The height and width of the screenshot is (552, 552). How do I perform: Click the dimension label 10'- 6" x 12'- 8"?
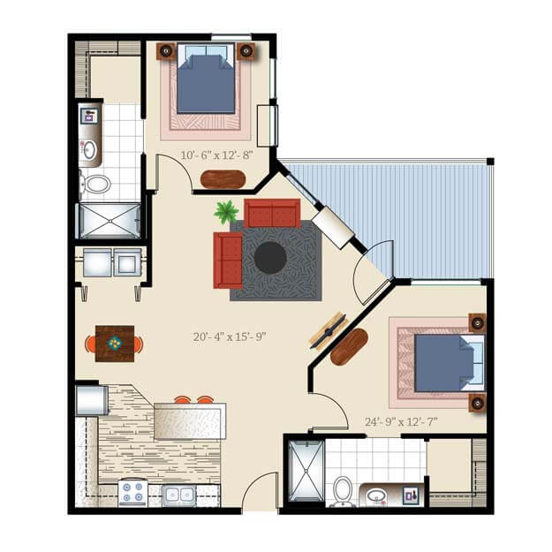(x=216, y=155)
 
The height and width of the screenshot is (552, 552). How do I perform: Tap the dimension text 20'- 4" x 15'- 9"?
(x=230, y=336)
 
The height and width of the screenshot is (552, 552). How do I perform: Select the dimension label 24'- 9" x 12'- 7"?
(x=402, y=421)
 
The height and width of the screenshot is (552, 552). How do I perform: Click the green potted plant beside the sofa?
(x=226, y=212)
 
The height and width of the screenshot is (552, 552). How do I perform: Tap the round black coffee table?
(x=270, y=258)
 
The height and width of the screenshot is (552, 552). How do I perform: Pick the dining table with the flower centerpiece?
(x=114, y=343)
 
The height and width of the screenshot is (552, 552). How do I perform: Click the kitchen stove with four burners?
(x=133, y=492)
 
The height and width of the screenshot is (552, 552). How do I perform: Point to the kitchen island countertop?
(x=189, y=420)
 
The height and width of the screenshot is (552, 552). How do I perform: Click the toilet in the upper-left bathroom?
(x=95, y=185)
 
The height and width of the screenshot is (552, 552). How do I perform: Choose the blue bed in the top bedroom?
(x=206, y=80)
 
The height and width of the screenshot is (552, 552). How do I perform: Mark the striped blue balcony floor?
(x=415, y=212)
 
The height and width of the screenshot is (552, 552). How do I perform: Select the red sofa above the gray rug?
(x=272, y=213)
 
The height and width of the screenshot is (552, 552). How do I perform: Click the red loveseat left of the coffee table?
(x=228, y=261)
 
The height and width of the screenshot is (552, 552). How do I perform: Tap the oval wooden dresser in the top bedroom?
(x=223, y=179)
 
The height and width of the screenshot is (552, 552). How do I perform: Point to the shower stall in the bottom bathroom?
(x=306, y=471)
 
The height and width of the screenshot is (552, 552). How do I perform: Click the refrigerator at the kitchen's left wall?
(x=91, y=399)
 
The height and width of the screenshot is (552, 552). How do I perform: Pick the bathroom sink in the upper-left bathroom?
(x=89, y=149)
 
